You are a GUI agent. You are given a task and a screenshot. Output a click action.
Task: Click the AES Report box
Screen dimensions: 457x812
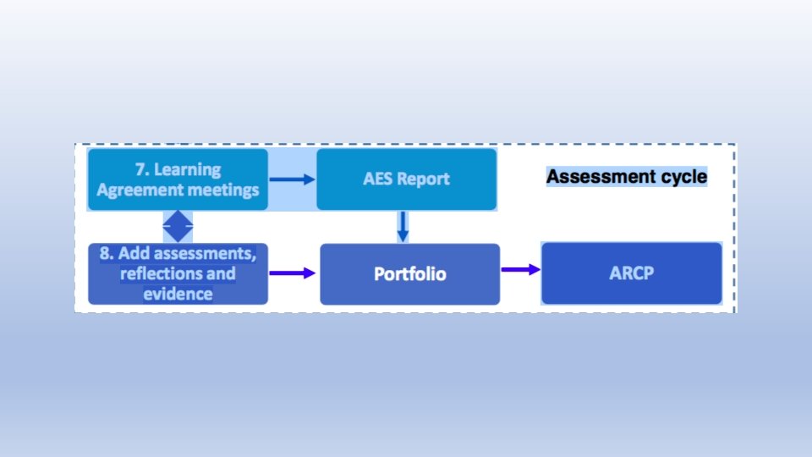click(x=406, y=179)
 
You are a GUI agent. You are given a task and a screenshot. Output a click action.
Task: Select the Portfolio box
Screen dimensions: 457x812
click(x=410, y=274)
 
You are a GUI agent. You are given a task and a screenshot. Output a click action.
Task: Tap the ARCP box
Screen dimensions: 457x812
click(x=631, y=273)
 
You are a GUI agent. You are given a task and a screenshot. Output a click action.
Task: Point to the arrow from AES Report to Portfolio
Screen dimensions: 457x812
click(x=403, y=226)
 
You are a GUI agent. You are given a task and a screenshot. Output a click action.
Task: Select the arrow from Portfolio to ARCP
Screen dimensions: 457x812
click(x=520, y=269)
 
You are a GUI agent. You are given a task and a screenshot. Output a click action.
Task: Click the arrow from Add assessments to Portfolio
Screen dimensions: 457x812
click(x=293, y=273)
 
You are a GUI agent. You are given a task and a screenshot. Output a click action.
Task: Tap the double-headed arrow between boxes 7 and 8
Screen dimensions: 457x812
click(x=178, y=226)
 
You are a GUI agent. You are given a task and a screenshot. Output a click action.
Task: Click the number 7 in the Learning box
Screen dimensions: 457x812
click(x=140, y=169)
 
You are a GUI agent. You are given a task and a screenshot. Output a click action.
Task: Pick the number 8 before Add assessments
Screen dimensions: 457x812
click(x=106, y=254)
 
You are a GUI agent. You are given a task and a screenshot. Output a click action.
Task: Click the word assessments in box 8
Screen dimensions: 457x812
click(x=201, y=254)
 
